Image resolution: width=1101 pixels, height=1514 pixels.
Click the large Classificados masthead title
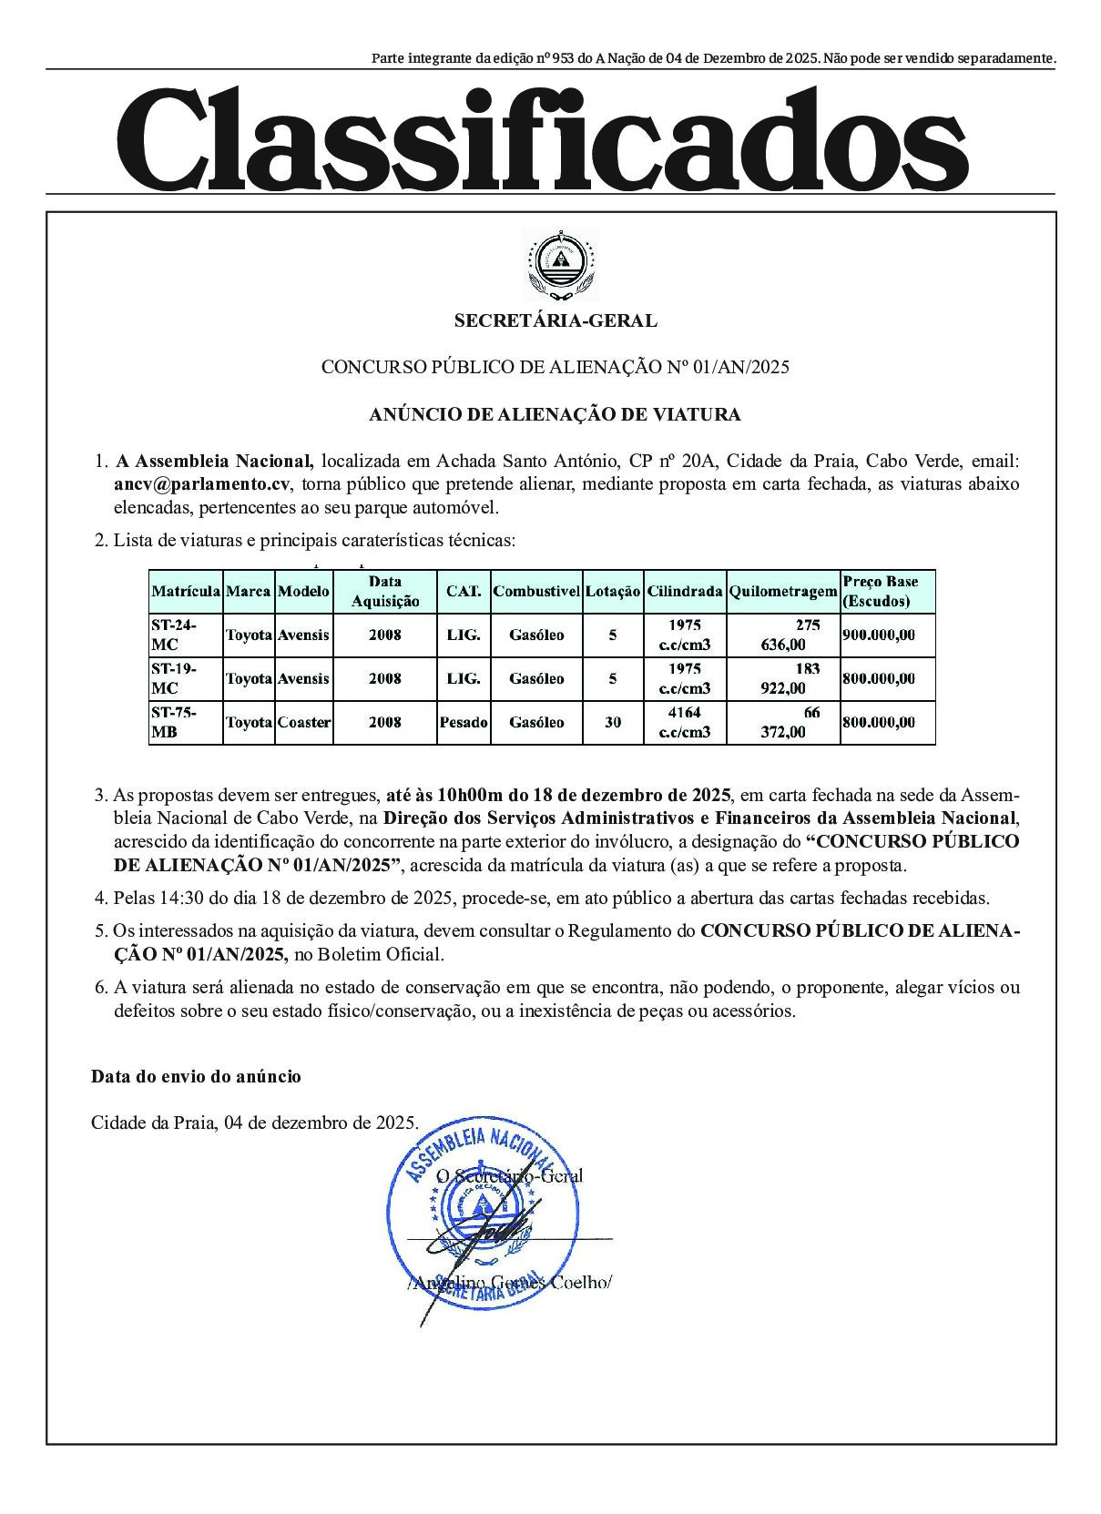pyautogui.click(x=541, y=137)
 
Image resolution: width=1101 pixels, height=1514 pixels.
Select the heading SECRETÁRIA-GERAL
pyautogui.click(x=556, y=320)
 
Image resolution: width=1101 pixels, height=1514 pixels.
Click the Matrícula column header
pyautogui.click(x=186, y=591)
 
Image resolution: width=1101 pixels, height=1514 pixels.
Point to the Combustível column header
pyautogui.click(x=536, y=591)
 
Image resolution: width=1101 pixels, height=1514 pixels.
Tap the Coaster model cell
pyautogui.click(x=304, y=722)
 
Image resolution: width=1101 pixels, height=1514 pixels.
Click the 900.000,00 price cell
pyautogui.click(x=879, y=635)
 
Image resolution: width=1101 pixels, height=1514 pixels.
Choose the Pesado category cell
pyautogui.click(x=464, y=722)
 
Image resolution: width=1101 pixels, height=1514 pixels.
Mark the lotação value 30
pyautogui.click(x=613, y=722)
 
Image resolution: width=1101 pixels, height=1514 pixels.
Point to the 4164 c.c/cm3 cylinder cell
pyautogui.click(x=685, y=722)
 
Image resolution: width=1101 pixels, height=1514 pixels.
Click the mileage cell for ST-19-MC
pyautogui.click(x=784, y=678)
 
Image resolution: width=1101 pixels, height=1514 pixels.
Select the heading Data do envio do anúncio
pyautogui.click(x=196, y=1076)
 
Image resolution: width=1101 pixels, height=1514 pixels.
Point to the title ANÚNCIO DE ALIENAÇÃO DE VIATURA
pyautogui.click(x=555, y=414)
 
